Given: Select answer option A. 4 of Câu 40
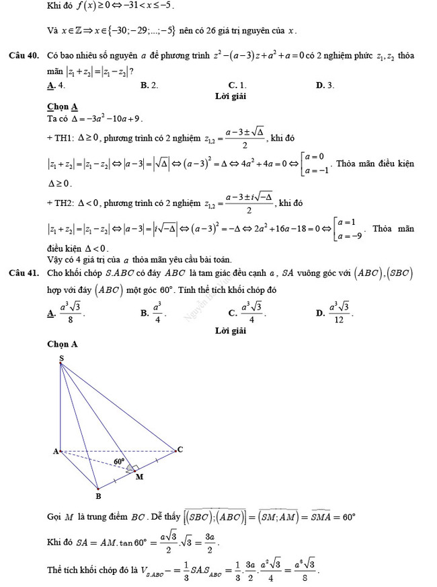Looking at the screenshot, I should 56,85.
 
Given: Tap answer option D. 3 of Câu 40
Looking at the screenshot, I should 325,85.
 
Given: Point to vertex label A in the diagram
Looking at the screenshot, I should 56,452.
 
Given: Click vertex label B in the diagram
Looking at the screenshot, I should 97,496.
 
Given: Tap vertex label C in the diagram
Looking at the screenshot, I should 180,449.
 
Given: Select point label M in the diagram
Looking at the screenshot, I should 139,477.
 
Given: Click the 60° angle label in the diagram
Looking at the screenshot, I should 119,461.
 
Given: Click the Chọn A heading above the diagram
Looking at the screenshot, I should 63,344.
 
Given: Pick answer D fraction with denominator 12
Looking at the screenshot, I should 338,312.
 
